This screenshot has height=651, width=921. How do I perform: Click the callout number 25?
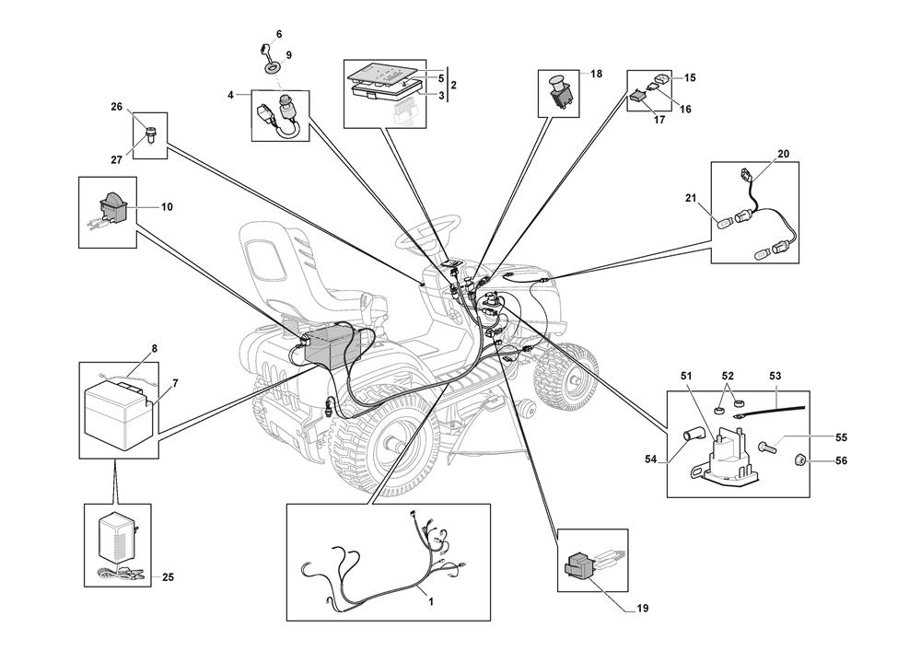(168, 577)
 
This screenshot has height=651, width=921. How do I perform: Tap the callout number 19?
(642, 609)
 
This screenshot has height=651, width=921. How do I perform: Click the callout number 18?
(596, 74)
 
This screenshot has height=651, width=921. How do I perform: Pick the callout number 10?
(167, 207)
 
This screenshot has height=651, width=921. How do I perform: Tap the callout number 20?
(783, 154)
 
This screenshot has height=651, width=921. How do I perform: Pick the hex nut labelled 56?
(801, 460)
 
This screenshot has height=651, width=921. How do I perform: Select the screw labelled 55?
(767, 448)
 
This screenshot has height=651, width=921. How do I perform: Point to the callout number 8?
(155, 349)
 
